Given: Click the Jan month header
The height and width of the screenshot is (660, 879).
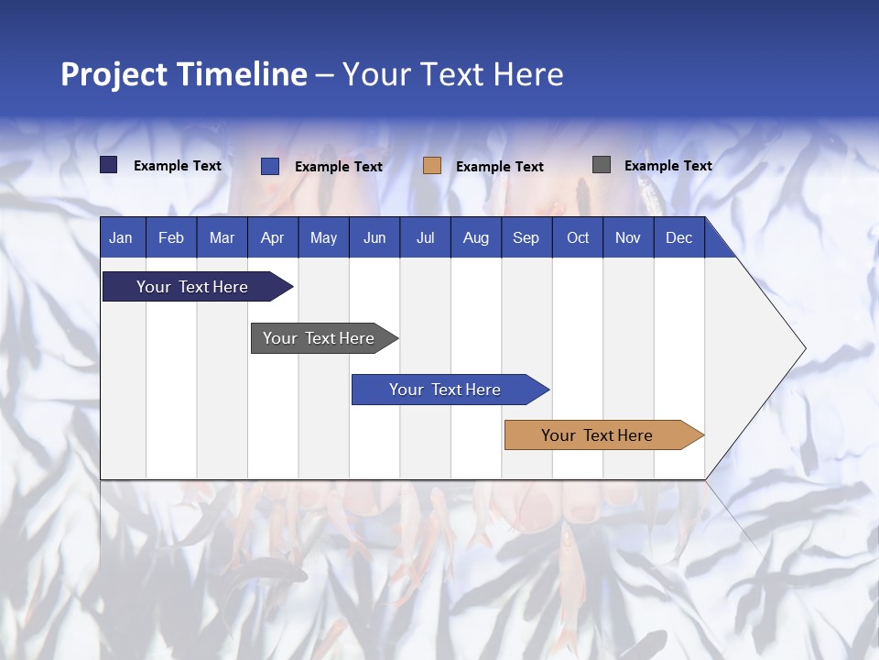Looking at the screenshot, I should point(121,238).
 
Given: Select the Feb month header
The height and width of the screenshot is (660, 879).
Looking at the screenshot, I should point(171,238).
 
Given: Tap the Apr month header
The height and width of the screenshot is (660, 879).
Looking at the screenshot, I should point(273,238).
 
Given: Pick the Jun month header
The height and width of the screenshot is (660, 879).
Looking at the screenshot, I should point(374,238).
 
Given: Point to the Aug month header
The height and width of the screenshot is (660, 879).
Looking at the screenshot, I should point(476,238).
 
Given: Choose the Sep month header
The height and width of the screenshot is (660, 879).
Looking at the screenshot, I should point(526,238).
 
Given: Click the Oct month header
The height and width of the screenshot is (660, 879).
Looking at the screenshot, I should point(578,238).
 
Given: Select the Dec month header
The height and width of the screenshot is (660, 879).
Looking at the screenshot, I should point(679,238).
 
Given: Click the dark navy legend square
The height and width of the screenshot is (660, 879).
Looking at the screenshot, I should point(109,165).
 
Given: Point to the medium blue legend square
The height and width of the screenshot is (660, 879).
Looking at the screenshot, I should point(270,166).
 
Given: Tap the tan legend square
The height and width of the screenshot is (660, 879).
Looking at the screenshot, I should point(432,166).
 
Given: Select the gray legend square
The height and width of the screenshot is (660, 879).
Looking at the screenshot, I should point(602,165).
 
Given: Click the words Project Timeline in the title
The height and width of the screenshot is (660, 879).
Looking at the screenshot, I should point(184,74).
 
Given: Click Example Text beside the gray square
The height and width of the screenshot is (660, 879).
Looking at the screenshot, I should point(668,166).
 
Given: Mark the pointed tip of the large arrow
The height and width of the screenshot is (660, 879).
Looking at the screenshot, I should point(803,348).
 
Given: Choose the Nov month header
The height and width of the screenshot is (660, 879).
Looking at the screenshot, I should point(628,238).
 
